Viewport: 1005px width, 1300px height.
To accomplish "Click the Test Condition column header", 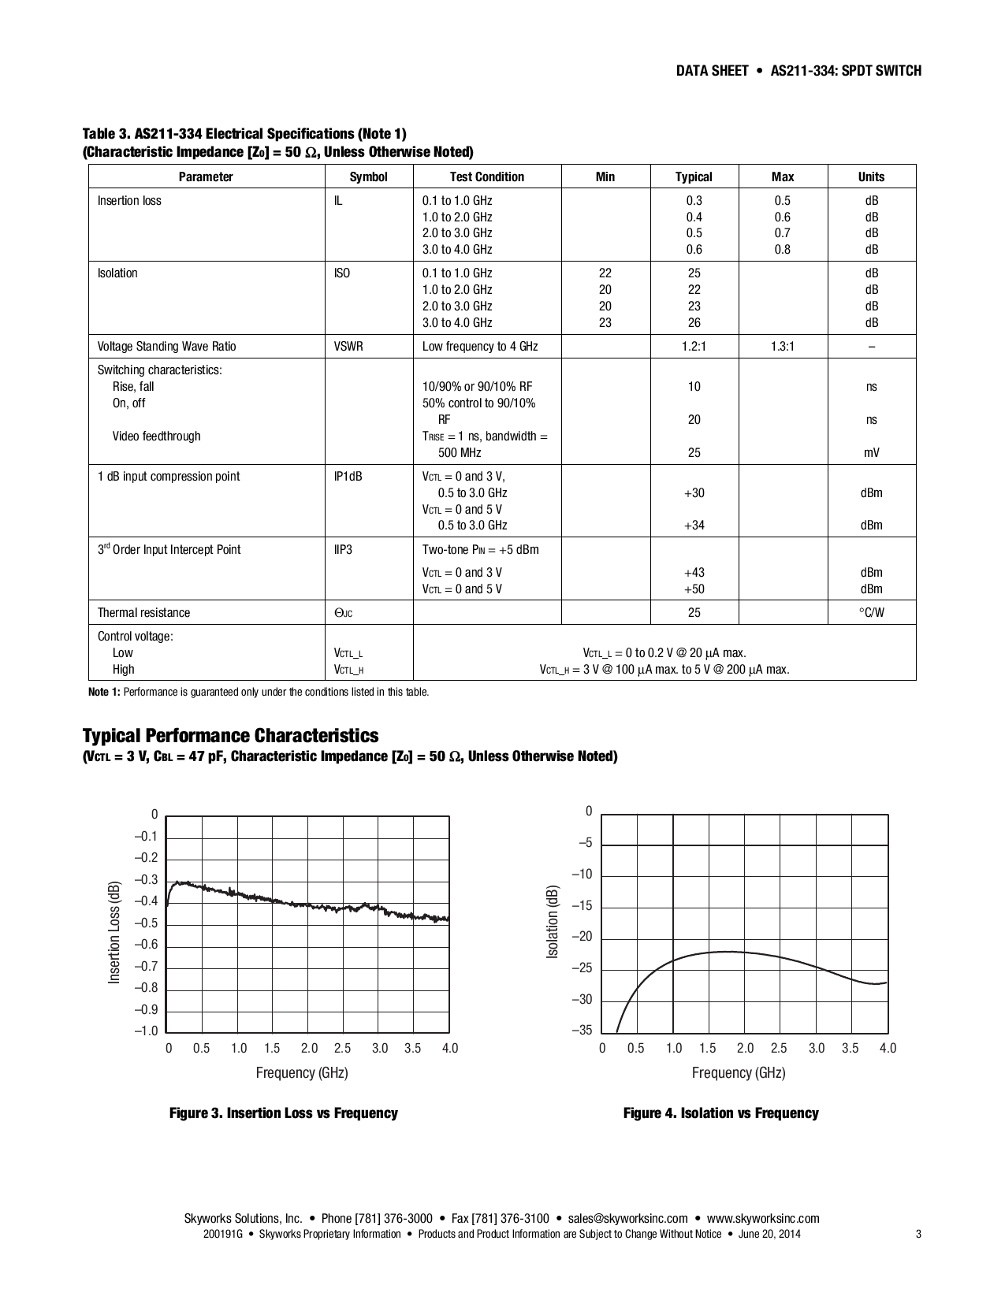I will tap(486, 176).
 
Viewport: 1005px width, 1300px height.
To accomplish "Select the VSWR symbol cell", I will tap(348, 346).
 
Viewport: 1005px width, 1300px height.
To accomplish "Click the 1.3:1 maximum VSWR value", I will tap(782, 346).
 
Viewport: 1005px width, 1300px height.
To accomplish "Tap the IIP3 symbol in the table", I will tap(343, 549).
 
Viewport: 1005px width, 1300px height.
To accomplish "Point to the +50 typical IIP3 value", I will tap(694, 589).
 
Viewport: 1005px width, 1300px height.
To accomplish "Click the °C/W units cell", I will tap(871, 612).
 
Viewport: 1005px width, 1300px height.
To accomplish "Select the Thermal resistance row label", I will tap(143, 612).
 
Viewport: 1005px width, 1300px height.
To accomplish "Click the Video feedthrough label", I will tap(156, 436).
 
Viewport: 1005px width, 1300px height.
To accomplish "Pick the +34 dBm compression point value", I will tap(694, 525).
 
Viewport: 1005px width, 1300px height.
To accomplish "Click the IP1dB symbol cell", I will tap(348, 476).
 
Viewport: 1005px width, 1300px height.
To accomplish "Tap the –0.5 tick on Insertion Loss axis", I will tap(146, 923).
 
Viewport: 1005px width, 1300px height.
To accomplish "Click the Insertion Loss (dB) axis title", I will tap(114, 931).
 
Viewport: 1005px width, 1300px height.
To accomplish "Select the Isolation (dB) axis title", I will tap(552, 921).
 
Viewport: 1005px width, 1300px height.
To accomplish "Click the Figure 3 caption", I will tap(284, 1112).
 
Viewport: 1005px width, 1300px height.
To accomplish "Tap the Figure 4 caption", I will tap(720, 1112).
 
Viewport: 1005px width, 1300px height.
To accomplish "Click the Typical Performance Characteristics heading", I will tap(230, 735).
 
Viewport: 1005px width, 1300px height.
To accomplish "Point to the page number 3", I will tap(918, 1234).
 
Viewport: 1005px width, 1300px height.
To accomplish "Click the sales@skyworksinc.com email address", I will tap(627, 1218).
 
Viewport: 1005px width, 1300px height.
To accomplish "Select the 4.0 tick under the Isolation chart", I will tap(888, 1048).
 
